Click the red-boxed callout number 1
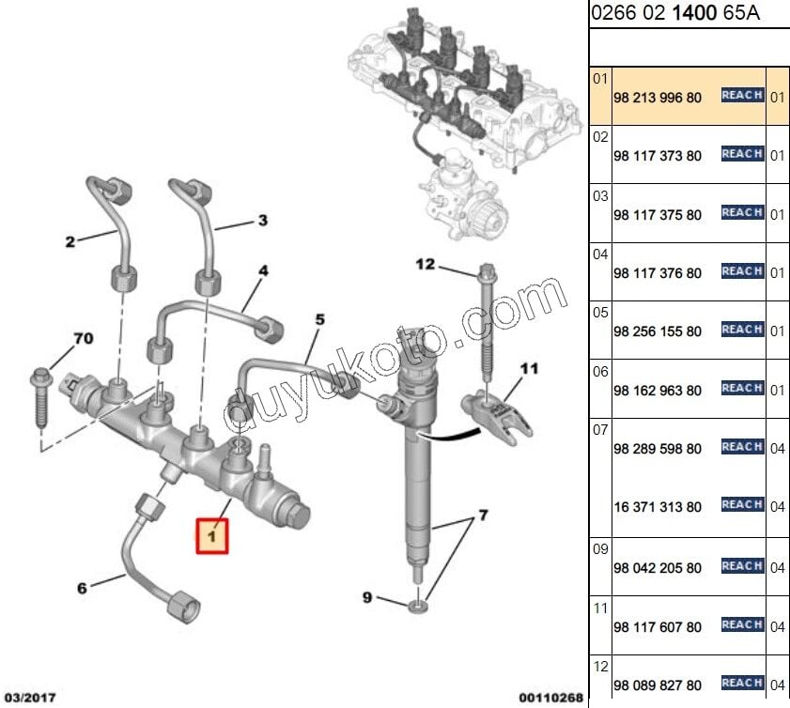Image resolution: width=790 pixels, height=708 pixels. (x=211, y=536)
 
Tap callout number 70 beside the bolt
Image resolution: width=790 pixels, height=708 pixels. (x=83, y=338)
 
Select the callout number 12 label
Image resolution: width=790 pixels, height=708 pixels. (x=426, y=265)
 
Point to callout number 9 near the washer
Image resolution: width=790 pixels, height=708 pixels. (x=367, y=597)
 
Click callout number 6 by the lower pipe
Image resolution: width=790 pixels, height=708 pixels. (x=82, y=589)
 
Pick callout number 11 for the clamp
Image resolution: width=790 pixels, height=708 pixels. (x=530, y=369)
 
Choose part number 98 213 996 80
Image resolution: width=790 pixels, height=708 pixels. (x=657, y=98)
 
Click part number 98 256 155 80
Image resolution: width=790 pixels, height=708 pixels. (x=657, y=332)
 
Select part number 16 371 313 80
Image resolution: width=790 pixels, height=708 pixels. (x=657, y=507)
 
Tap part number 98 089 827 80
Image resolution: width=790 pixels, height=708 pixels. (x=657, y=685)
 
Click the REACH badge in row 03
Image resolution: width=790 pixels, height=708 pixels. (x=742, y=213)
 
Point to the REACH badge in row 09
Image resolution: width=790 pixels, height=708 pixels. (x=742, y=566)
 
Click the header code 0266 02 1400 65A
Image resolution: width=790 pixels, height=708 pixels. (x=674, y=14)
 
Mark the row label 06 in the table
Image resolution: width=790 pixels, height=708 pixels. (x=600, y=372)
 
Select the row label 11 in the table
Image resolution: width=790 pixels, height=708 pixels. (x=600, y=608)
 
